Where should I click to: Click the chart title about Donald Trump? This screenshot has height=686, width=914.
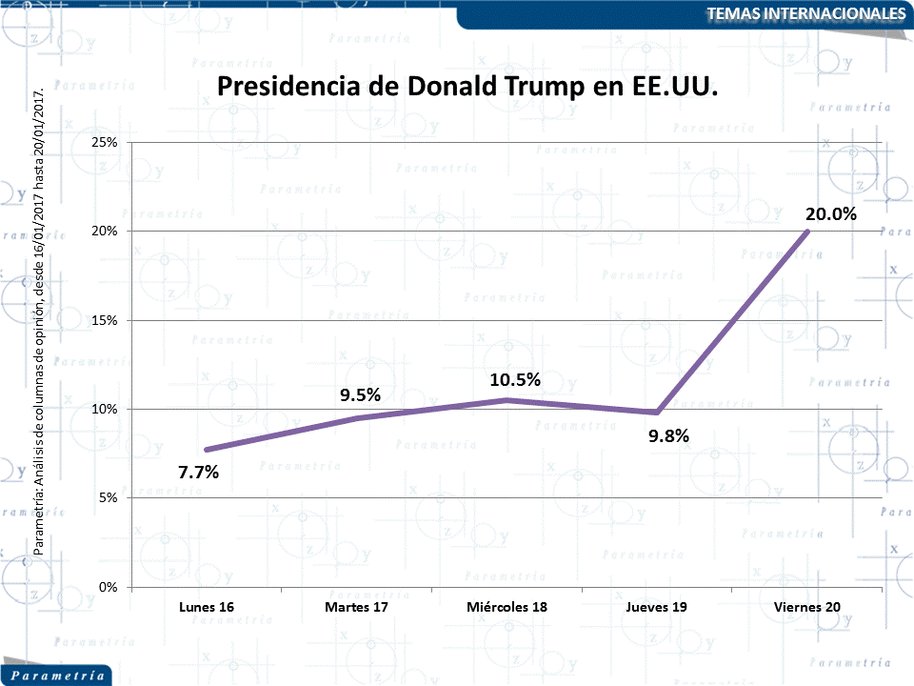tap(467, 87)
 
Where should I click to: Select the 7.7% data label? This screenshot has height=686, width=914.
tap(198, 472)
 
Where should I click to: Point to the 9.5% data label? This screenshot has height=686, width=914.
tap(361, 395)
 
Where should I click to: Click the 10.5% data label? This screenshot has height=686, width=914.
tap(515, 379)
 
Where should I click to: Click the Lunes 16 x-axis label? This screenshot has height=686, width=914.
tap(207, 607)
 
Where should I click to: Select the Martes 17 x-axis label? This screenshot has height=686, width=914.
tap(357, 607)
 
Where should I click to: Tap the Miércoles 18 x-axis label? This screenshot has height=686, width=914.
tap(507, 607)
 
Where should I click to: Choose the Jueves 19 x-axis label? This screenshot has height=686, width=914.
tap(657, 607)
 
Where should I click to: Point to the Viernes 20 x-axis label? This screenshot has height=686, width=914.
tap(807, 607)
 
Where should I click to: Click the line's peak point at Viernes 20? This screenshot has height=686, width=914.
tap(808, 231)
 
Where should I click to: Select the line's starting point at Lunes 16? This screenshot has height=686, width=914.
tap(207, 450)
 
